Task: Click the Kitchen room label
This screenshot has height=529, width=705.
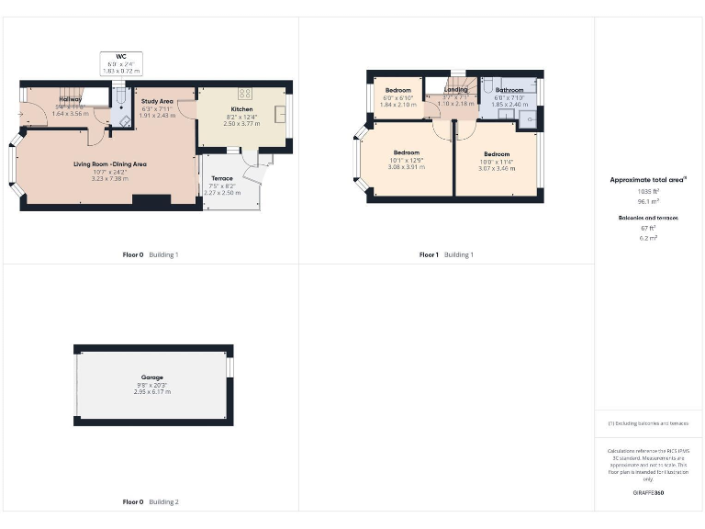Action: point(241,109)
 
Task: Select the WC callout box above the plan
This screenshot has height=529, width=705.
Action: point(120,62)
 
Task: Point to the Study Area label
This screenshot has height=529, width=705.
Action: point(157,101)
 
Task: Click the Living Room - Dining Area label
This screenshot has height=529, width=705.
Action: point(110,164)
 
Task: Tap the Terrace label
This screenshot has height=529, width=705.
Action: point(221,178)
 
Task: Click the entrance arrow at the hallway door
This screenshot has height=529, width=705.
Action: point(20,114)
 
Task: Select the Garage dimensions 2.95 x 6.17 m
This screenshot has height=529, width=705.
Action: point(151,392)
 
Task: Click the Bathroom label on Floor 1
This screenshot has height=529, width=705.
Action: point(509,90)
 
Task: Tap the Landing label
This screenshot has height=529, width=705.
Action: point(456,89)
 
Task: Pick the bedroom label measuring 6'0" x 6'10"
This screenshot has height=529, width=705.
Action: point(397,90)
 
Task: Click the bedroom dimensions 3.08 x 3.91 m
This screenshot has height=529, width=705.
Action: point(406,167)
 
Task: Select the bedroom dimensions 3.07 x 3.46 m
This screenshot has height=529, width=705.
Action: point(497,169)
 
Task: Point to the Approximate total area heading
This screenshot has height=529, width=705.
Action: point(648,180)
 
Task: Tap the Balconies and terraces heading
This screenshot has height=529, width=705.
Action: point(649,218)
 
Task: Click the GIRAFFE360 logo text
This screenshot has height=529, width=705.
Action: point(648,493)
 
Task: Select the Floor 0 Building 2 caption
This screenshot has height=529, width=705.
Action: point(151,502)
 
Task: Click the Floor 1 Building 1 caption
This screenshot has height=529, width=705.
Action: point(446,254)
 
